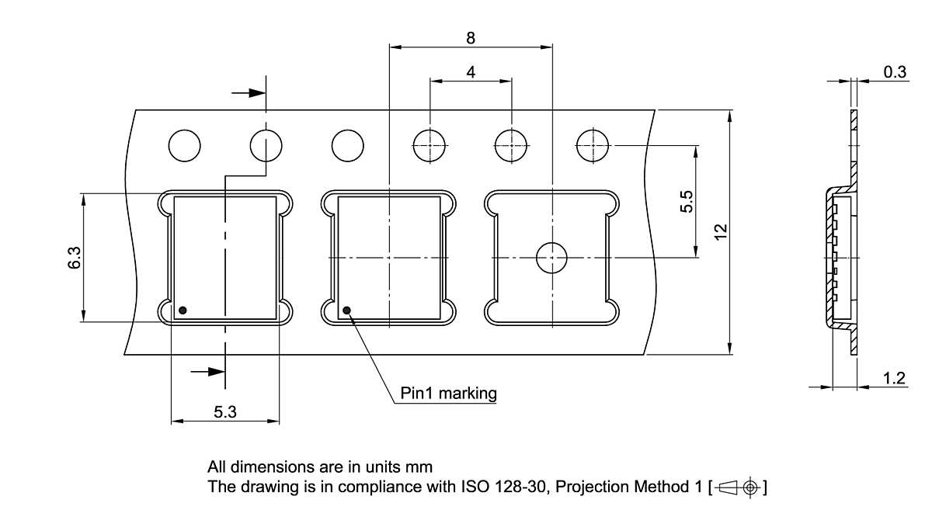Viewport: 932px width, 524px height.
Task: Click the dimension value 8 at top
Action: [x=471, y=36]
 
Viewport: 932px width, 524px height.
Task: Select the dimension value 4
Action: [x=471, y=71]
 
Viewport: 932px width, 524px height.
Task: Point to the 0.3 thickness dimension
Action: [x=895, y=72]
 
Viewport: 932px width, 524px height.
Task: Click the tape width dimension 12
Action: [x=720, y=231]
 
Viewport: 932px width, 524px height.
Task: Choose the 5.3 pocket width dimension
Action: [x=225, y=412]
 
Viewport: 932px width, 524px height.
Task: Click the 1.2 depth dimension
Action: [x=895, y=378]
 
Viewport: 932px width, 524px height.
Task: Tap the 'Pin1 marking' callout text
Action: [x=448, y=393]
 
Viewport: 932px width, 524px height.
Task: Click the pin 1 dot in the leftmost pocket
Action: [x=183, y=311]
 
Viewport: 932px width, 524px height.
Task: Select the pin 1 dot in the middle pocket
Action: [x=346, y=311]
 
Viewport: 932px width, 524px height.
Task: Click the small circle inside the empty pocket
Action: [x=552, y=257]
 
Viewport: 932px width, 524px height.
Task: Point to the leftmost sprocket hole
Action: [x=185, y=145]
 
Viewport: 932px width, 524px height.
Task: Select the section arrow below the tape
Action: [x=207, y=372]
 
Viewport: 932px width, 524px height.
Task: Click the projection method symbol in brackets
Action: [x=737, y=488]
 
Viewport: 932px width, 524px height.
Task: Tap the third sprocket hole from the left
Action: [x=347, y=145]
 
